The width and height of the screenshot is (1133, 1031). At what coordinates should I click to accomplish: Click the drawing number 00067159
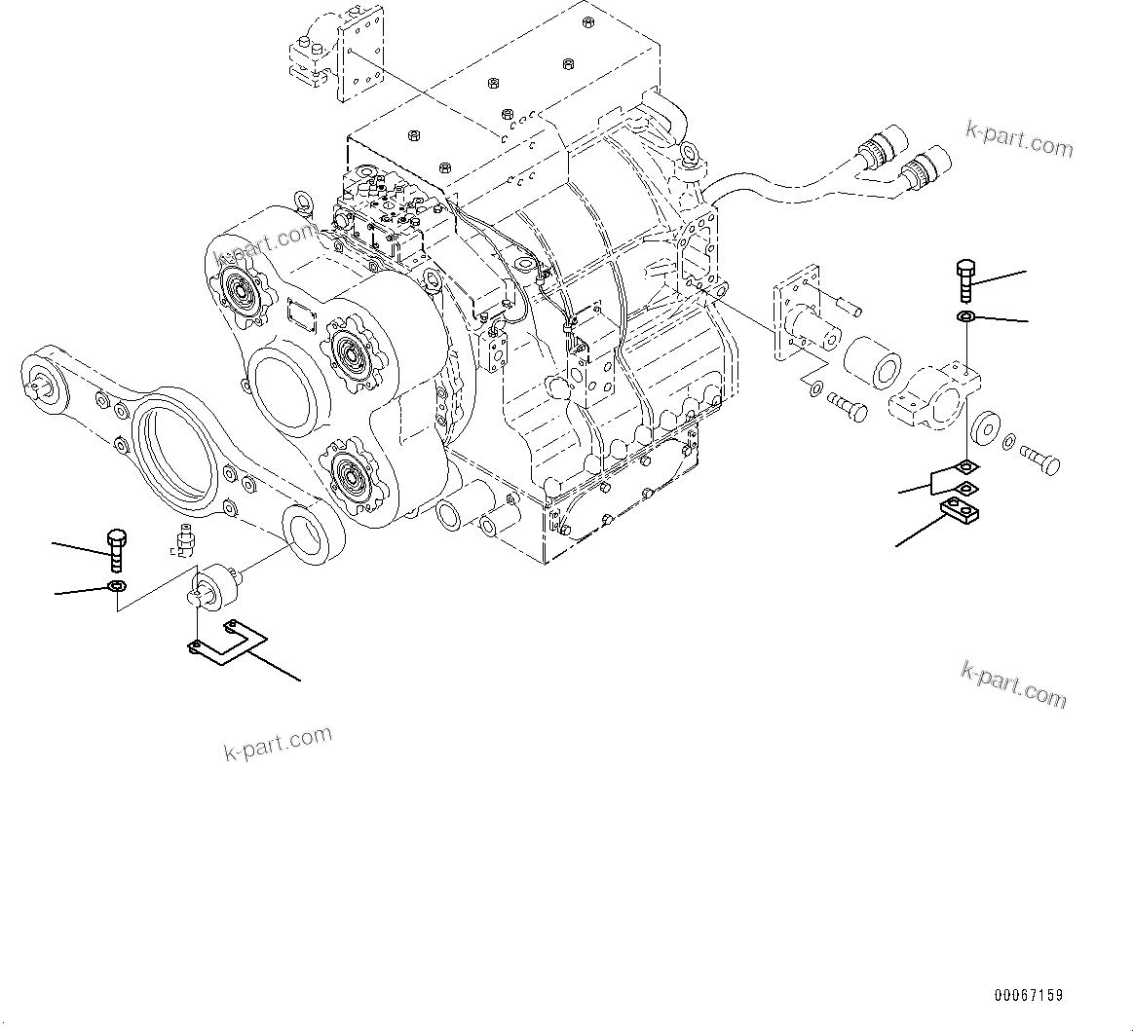[x=1029, y=995]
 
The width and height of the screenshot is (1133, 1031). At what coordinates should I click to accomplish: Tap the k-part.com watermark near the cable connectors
[x=1019, y=139]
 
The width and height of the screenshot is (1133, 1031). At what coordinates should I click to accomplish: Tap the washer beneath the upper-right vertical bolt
[x=966, y=318]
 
